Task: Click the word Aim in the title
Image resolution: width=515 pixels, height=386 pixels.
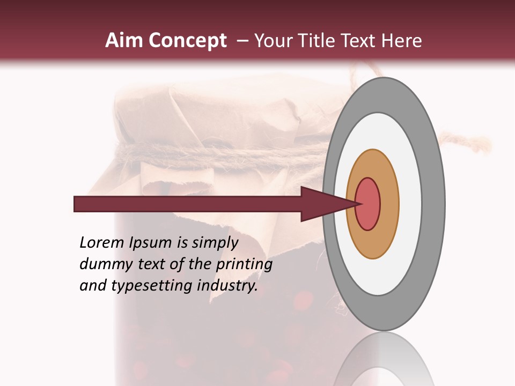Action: pyautogui.click(x=124, y=41)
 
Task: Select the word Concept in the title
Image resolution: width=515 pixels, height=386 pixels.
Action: pyautogui.click(x=187, y=41)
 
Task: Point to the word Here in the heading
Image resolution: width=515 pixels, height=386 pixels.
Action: pyautogui.click(x=401, y=41)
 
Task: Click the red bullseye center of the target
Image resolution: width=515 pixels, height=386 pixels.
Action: pyautogui.click(x=367, y=204)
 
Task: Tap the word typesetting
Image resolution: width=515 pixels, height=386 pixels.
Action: pyautogui.click(x=151, y=286)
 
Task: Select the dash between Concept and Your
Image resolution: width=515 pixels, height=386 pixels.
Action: pyautogui.click(x=242, y=41)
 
